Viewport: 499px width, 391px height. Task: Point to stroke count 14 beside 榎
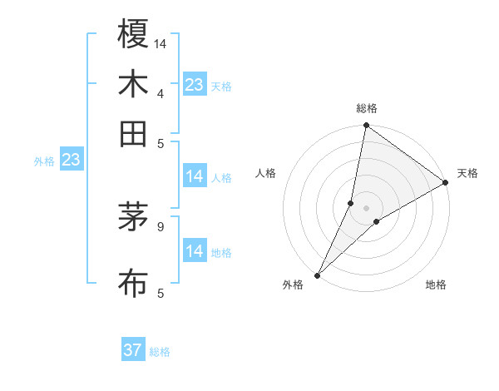[x=161, y=42]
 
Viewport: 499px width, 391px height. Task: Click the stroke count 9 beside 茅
[x=160, y=225]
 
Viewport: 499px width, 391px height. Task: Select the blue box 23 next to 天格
[x=194, y=85]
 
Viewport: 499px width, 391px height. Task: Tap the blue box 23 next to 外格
[x=71, y=160]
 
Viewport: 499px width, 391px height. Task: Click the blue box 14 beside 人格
[x=194, y=176]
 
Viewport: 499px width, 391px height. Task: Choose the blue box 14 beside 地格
[x=194, y=250]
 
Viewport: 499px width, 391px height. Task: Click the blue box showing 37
[x=133, y=350]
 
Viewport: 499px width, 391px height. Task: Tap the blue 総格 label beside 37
[x=161, y=352]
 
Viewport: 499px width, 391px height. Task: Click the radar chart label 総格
[x=366, y=108]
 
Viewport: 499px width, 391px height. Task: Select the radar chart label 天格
[x=467, y=173]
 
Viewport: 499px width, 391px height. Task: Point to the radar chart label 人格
[x=266, y=173]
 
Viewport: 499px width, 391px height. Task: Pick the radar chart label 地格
[x=436, y=285]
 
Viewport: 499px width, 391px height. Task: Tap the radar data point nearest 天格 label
[x=445, y=182]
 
